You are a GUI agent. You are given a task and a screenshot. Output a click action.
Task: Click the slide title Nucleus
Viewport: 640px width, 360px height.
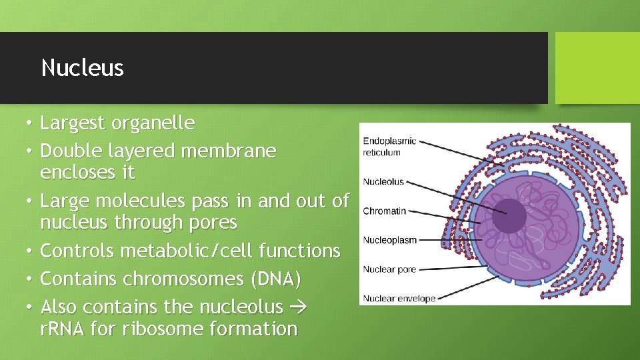coord(82,68)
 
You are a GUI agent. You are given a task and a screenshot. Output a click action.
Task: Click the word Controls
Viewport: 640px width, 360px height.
coord(77,251)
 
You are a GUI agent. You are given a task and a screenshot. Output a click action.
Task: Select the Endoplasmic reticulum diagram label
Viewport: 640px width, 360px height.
coord(389,147)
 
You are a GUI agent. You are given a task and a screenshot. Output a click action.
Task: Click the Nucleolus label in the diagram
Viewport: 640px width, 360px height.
coord(383,181)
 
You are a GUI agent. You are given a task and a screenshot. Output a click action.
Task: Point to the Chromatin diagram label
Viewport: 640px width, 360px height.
coord(384,211)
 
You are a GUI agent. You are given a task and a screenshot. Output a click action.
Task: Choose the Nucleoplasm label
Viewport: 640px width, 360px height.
coord(389,240)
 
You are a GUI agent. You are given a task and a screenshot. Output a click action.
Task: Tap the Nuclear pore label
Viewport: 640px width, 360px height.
coord(389,269)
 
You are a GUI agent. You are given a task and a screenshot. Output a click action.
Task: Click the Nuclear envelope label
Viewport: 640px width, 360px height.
coord(399,299)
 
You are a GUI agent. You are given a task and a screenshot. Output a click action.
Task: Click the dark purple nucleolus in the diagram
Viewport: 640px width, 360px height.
coord(509,215)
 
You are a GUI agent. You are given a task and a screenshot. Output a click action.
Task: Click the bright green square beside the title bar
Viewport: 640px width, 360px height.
coord(597,68)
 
